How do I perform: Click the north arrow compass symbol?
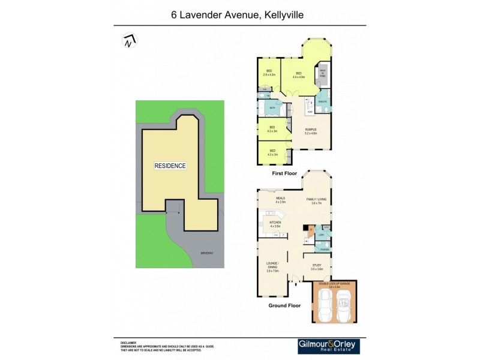point(128,41)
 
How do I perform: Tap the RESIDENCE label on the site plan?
point(170,166)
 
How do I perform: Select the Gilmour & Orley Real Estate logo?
point(328,346)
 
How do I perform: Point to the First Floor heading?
point(284,173)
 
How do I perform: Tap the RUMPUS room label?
point(310,131)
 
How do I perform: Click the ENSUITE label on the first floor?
point(322,102)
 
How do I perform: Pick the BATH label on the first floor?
point(272,108)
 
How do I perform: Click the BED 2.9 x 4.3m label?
point(268,73)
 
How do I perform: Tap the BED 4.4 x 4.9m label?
point(299,76)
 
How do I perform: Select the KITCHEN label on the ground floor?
point(275,224)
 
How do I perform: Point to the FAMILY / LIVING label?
point(317,200)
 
